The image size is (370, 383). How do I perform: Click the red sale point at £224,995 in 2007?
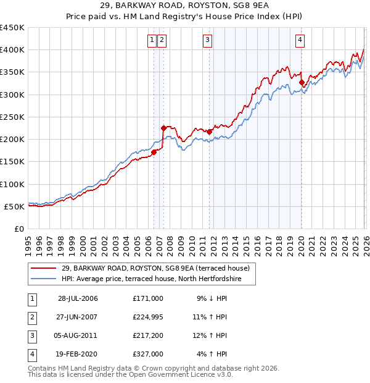point(163,128)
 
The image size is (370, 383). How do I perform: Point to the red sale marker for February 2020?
point(302,82)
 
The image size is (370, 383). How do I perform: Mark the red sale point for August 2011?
point(209,132)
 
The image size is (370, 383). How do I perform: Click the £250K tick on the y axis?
point(12,117)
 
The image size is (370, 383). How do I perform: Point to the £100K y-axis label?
point(12,184)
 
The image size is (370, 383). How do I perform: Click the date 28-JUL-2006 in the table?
point(78,298)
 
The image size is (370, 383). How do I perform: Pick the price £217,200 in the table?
point(148,335)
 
